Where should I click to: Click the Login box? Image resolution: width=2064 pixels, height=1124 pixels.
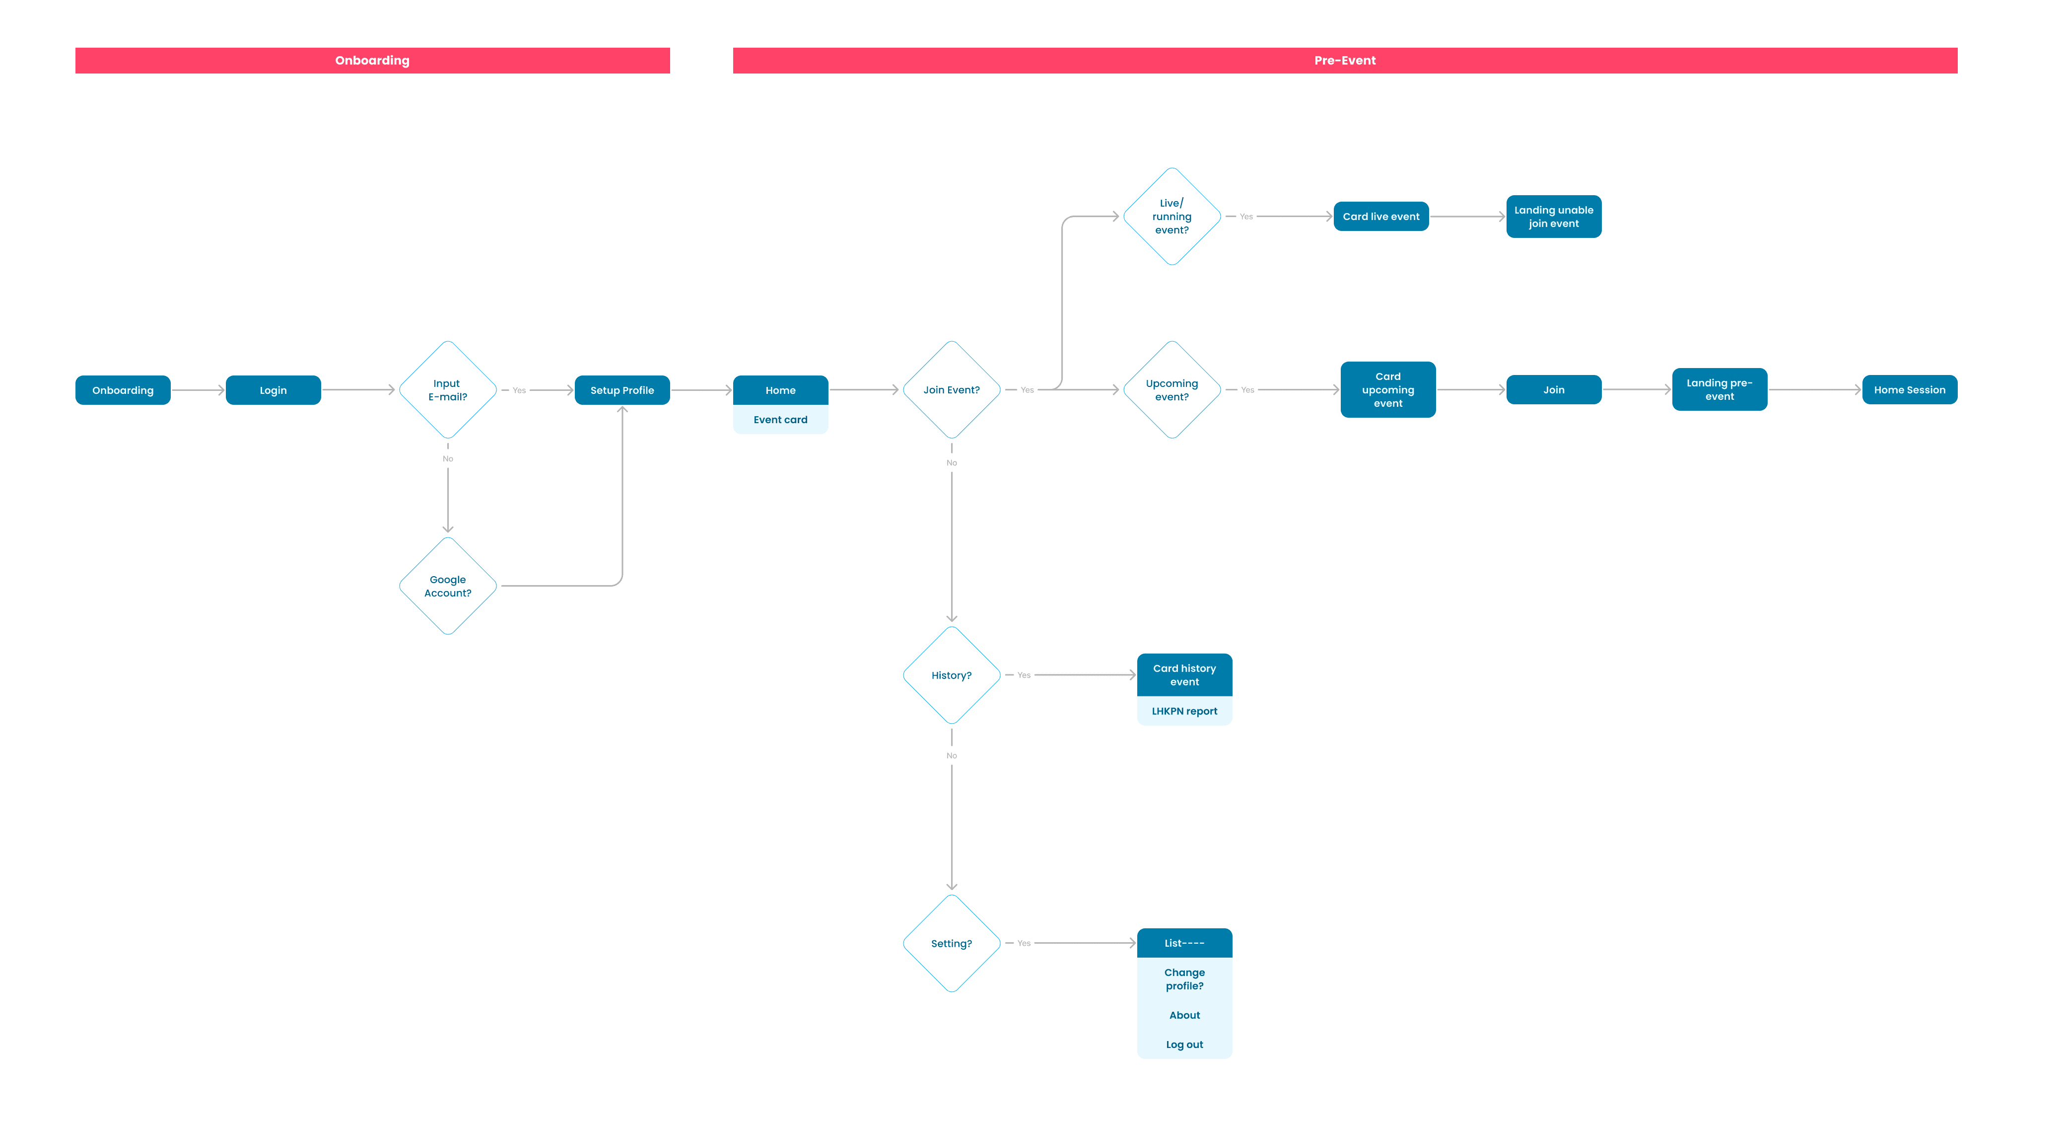coord(273,390)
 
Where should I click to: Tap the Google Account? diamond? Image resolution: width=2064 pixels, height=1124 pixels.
coord(448,586)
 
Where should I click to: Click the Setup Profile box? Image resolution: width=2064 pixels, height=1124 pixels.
coord(622,390)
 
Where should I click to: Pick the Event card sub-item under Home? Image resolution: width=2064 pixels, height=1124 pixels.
coord(780,419)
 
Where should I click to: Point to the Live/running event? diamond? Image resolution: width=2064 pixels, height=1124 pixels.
coord(1172,217)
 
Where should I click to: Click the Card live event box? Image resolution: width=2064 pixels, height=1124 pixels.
coord(1381,217)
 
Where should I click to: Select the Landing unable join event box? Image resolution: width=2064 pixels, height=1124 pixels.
coord(1554,217)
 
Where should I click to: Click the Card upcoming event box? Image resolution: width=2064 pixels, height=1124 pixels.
coord(1388,389)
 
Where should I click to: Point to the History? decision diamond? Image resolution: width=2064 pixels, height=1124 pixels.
coord(952,675)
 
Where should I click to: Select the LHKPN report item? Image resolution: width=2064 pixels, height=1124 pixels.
coord(1184,711)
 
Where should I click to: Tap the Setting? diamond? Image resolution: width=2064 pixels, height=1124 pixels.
coord(952,944)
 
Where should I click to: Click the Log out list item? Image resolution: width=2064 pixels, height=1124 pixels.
coord(1184,1045)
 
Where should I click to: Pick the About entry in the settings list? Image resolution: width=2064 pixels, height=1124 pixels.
coord(1184,1015)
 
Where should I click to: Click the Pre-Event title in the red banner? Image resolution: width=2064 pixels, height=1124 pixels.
coord(1345,60)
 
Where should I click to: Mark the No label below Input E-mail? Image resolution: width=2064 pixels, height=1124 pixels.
coord(448,458)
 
